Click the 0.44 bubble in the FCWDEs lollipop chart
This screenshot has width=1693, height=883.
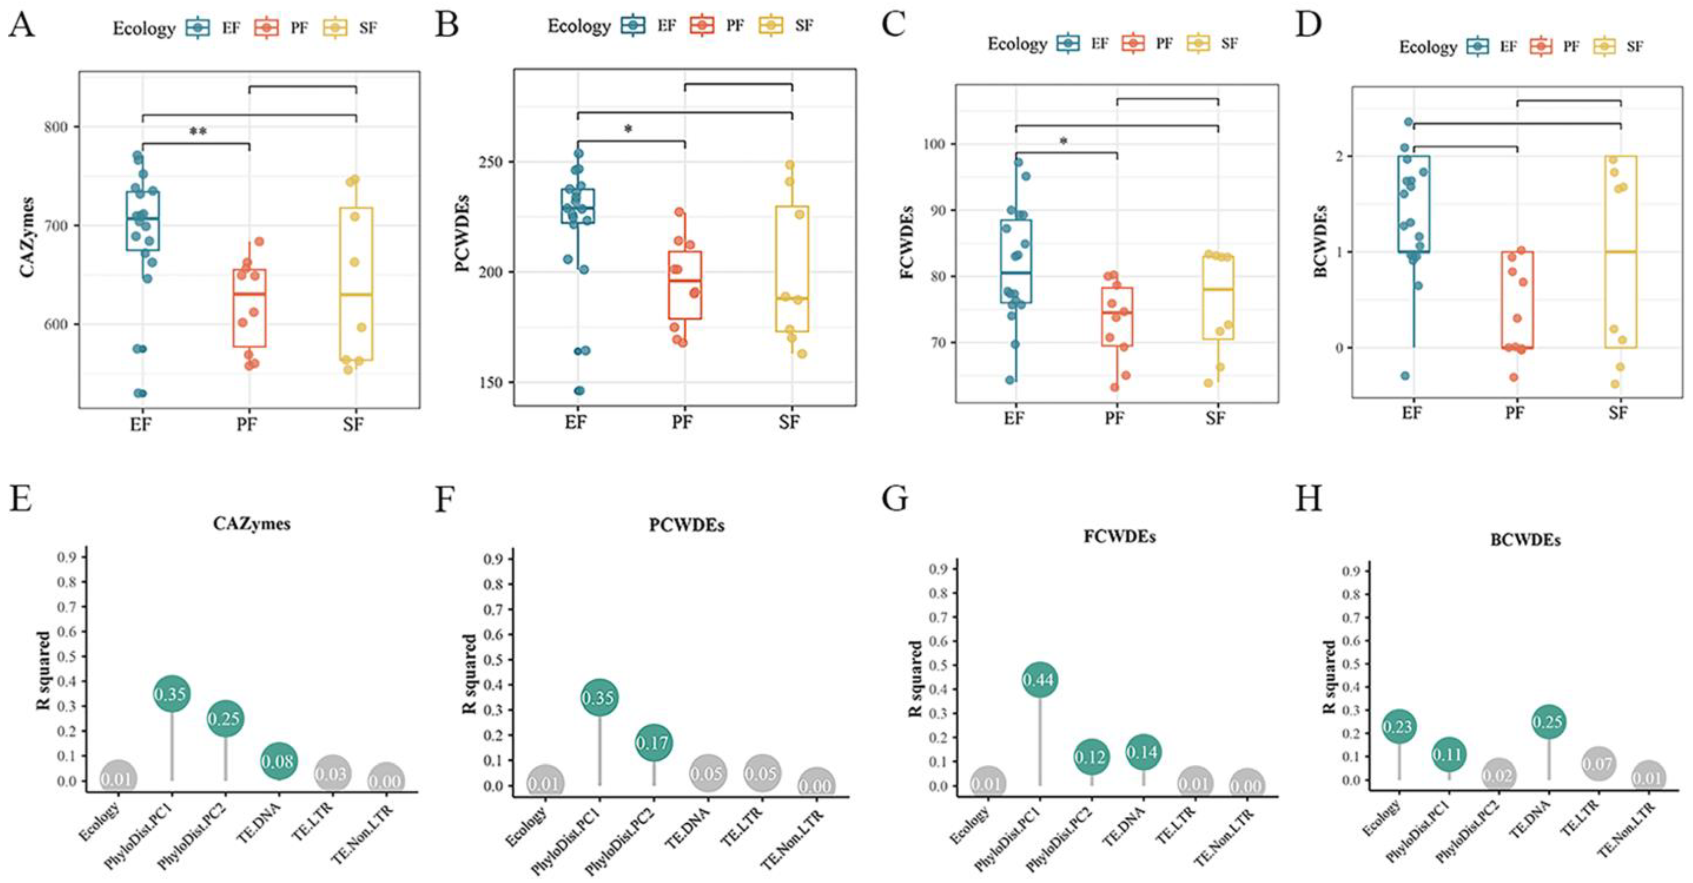1040,679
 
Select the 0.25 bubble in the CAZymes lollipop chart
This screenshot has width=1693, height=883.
225,719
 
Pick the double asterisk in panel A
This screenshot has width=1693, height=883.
198,132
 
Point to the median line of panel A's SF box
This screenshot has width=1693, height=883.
356,294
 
